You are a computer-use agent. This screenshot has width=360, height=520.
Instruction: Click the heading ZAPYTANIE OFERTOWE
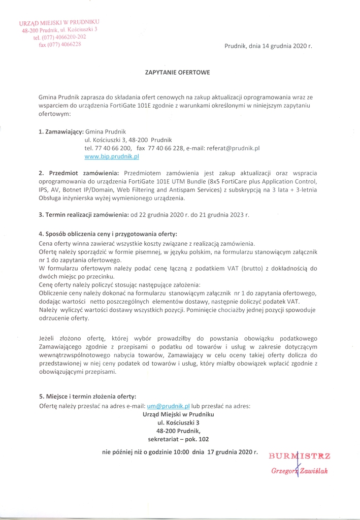coord(178,73)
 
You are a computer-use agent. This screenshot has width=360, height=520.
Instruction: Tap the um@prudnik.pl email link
coord(168,406)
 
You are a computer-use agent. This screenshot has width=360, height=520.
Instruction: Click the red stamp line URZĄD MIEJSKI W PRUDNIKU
coord(59,23)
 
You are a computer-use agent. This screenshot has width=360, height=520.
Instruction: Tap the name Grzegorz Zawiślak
coord(300,471)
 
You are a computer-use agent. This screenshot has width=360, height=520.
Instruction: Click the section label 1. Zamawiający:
coord(61,132)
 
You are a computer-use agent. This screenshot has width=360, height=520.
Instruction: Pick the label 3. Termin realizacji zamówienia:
coord(84,215)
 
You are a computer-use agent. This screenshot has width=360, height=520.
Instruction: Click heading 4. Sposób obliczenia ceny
coord(108,234)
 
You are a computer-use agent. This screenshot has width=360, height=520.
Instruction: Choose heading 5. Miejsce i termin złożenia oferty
coord(87,397)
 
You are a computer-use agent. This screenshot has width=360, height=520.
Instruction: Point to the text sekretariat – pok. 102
coord(178,439)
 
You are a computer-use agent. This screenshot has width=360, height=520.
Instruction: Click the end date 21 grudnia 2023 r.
coord(225,215)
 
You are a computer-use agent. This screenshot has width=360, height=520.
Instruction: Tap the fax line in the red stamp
coord(59,44)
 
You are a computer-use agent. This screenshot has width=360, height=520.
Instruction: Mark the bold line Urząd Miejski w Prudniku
coord(178,414)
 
